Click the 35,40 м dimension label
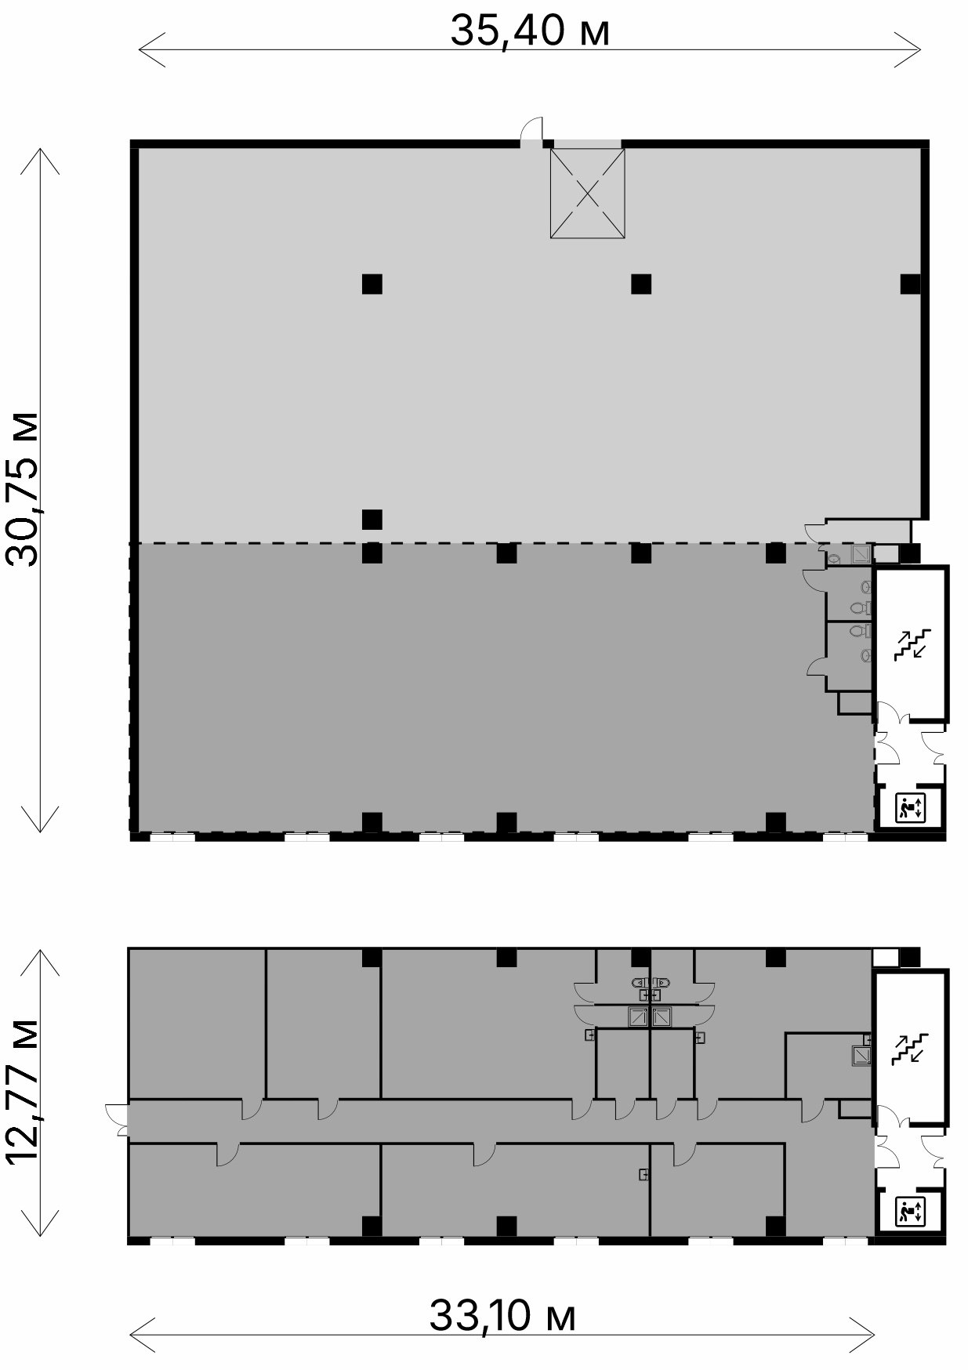pos(530,31)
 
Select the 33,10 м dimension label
pos(502,1315)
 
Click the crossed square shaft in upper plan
pos(587,193)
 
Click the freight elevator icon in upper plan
pos(912,808)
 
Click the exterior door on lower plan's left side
pos(117,1119)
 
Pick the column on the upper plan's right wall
pos(910,284)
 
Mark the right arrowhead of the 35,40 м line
pos(920,49)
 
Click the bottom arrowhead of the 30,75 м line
pos(40,831)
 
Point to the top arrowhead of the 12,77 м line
pos(40,951)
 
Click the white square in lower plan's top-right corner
pos(886,957)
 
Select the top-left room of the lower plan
pos(197,1024)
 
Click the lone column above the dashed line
pos(372,519)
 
